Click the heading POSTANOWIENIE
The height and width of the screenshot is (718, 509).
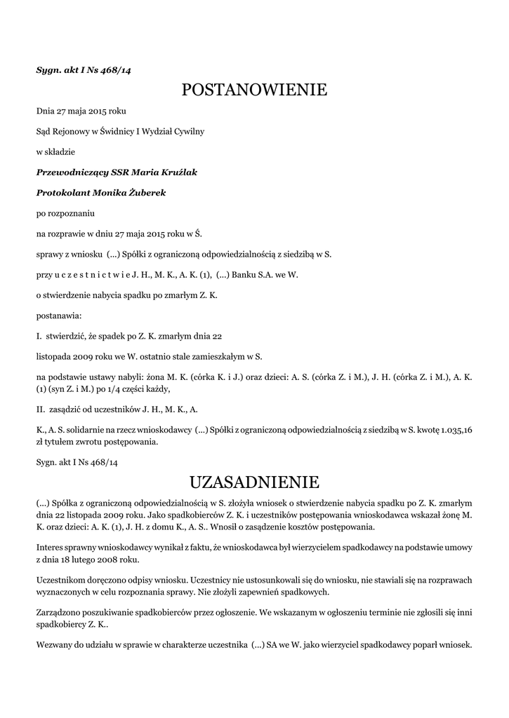click(254, 90)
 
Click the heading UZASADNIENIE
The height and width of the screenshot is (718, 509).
click(254, 482)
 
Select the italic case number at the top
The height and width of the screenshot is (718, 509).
click(84, 70)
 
